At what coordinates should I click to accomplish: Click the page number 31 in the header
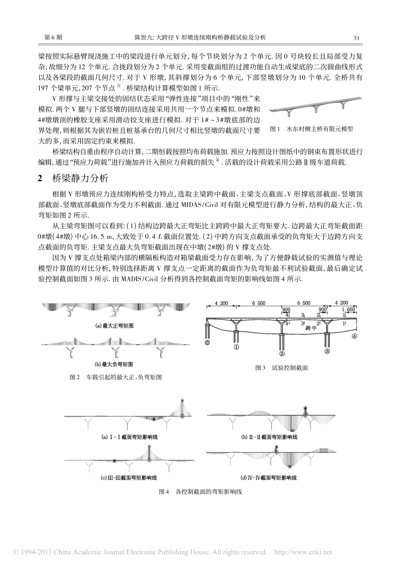(355, 38)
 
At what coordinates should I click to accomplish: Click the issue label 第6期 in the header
(53, 38)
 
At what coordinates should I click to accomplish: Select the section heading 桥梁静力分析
(74, 178)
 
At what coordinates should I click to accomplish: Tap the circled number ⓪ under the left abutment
(207, 343)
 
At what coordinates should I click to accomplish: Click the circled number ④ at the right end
(355, 336)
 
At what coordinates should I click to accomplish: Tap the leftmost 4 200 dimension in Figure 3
(221, 303)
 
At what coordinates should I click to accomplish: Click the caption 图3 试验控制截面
(282, 368)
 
